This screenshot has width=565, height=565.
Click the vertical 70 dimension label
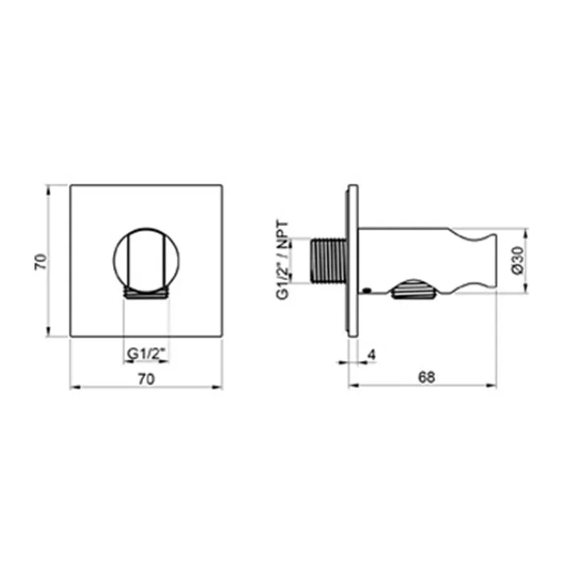point(40,262)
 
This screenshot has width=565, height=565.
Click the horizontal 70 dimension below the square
point(146,379)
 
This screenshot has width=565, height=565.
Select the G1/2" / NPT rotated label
point(282,260)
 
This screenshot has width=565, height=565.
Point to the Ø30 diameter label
point(517,260)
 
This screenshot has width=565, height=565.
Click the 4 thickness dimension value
point(371,355)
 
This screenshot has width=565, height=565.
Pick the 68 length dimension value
point(427,377)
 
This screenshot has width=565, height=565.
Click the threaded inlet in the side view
point(329,260)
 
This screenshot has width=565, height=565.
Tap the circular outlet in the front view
point(146,260)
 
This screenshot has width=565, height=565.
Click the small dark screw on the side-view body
point(366,289)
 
